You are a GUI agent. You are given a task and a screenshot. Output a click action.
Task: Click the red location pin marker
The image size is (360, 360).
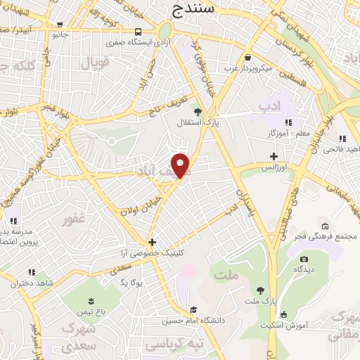coord(181,166)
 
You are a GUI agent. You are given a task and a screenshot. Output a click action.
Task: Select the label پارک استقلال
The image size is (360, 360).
coord(198,122)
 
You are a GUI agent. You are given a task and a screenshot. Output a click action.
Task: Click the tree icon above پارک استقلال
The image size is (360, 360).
coord(198,111)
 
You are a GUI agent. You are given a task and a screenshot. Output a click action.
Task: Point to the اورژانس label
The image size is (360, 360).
coord(275,167)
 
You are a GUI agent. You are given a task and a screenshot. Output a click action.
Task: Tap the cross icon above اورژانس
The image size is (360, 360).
coord(274,156)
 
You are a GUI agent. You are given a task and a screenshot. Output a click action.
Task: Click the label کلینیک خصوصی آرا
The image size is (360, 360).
coord(152,252)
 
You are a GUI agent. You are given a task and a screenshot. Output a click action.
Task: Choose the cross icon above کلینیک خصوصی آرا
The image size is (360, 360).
coord(151,242)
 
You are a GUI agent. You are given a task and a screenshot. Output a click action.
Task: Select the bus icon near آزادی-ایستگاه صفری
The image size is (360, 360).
coord(138,32)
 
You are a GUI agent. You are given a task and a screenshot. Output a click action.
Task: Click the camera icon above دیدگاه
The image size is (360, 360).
coord(304,258)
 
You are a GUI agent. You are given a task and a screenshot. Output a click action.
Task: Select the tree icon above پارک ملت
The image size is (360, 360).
coord(260,290)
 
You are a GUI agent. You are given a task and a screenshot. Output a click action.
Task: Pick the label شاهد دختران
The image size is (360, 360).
coord(31,283)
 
